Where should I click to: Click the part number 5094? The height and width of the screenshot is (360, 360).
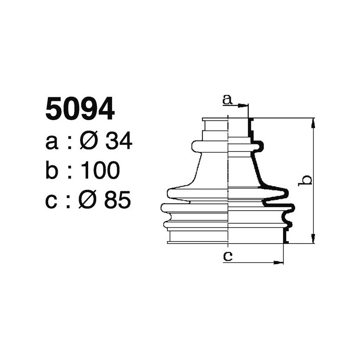(x=80, y=110)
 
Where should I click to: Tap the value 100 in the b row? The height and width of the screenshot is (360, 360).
(x=100, y=171)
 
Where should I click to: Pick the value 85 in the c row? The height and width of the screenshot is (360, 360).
(x=117, y=200)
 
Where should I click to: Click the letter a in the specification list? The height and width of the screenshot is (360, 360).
(x=52, y=143)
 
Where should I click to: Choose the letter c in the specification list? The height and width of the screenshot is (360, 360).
(x=52, y=201)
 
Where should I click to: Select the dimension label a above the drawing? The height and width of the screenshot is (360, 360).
(x=227, y=100)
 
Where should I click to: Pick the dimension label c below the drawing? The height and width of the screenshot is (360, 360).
(x=228, y=256)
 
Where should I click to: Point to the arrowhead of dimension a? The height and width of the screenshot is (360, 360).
(x=245, y=106)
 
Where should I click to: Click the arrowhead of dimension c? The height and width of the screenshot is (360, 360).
(x=281, y=262)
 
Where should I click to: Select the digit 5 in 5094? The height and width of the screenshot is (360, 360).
(x=54, y=110)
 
